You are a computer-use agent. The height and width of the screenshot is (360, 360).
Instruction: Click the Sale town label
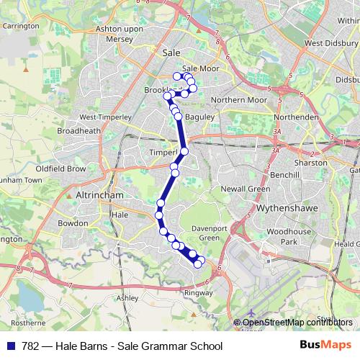(x=171, y=53)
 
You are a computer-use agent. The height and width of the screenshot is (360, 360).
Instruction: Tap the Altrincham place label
(x=99, y=195)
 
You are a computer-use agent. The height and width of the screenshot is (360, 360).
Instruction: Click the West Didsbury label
(x=332, y=42)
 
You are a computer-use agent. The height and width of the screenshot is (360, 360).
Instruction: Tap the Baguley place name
(x=199, y=116)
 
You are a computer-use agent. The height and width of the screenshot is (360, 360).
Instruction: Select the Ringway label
(x=199, y=293)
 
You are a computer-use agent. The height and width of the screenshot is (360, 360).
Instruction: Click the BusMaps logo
(x=320, y=345)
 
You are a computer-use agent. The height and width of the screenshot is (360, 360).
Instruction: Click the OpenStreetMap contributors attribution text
(x=298, y=322)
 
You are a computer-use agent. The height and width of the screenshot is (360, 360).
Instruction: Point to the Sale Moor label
(x=195, y=69)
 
